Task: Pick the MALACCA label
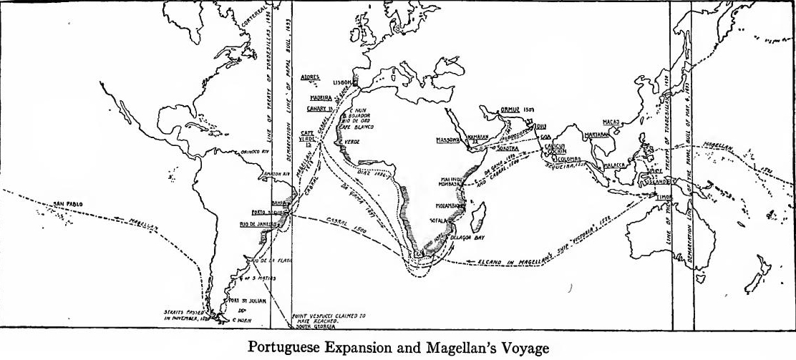click(x=615, y=165)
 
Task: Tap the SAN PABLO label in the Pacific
click(x=69, y=205)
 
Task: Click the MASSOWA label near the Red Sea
click(x=447, y=140)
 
